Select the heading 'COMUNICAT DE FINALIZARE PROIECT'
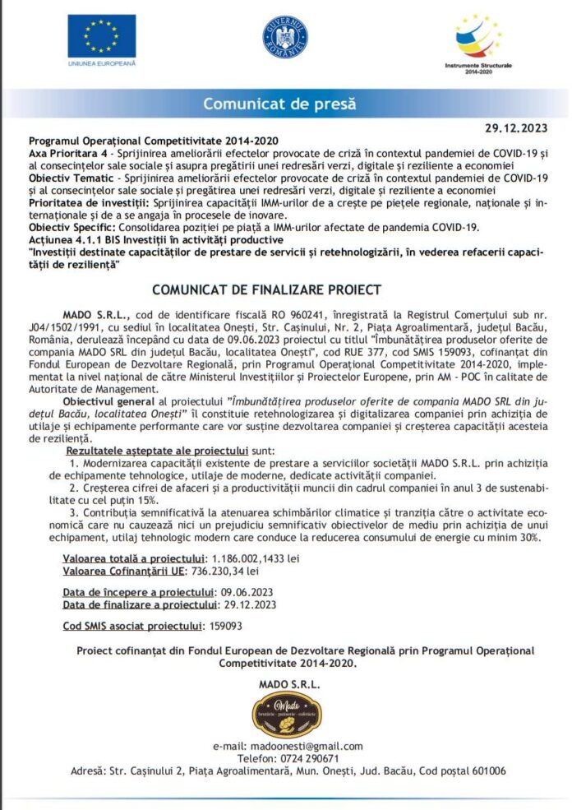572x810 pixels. coord(267,289)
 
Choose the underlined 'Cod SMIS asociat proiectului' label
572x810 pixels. coord(131,626)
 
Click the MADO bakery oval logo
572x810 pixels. coord(285,715)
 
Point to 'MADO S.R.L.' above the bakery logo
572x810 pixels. coord(285,683)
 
